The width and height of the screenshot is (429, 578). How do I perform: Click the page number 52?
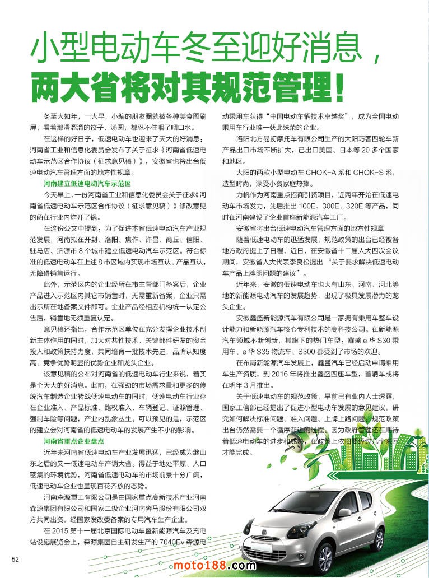[16, 558]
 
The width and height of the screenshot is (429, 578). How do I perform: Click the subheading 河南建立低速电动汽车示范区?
[87, 183]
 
